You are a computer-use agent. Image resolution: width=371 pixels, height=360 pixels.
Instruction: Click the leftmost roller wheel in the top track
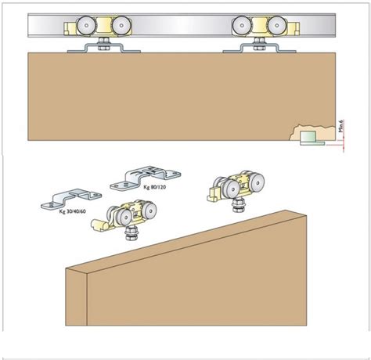point(86,26)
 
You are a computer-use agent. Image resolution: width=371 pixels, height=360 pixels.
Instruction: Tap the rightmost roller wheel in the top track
point(277,26)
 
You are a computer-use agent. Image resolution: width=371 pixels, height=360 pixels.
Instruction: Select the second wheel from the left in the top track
point(121,26)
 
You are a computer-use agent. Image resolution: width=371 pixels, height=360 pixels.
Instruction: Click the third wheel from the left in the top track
point(242,26)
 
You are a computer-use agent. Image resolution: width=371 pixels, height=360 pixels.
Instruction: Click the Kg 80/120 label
point(155,187)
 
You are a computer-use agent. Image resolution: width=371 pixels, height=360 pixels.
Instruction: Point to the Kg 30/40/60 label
point(73,211)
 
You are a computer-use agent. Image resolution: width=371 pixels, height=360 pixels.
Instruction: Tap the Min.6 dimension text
point(341,126)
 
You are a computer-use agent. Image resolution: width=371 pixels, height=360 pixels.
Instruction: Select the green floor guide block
point(308,136)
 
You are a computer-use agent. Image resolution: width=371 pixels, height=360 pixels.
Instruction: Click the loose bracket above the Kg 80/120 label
point(145,178)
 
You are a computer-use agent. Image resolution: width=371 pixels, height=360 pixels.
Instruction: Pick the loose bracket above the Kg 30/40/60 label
point(71,199)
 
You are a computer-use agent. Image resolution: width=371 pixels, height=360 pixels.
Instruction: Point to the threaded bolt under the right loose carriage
point(239,204)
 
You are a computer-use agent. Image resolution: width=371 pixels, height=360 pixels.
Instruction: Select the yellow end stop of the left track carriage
point(70,28)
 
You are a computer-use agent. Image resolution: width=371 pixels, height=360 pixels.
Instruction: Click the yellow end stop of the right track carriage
point(294,28)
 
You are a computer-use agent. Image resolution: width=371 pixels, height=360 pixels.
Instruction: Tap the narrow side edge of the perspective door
point(76,297)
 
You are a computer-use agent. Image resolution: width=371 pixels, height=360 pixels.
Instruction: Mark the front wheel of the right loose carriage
point(232,189)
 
